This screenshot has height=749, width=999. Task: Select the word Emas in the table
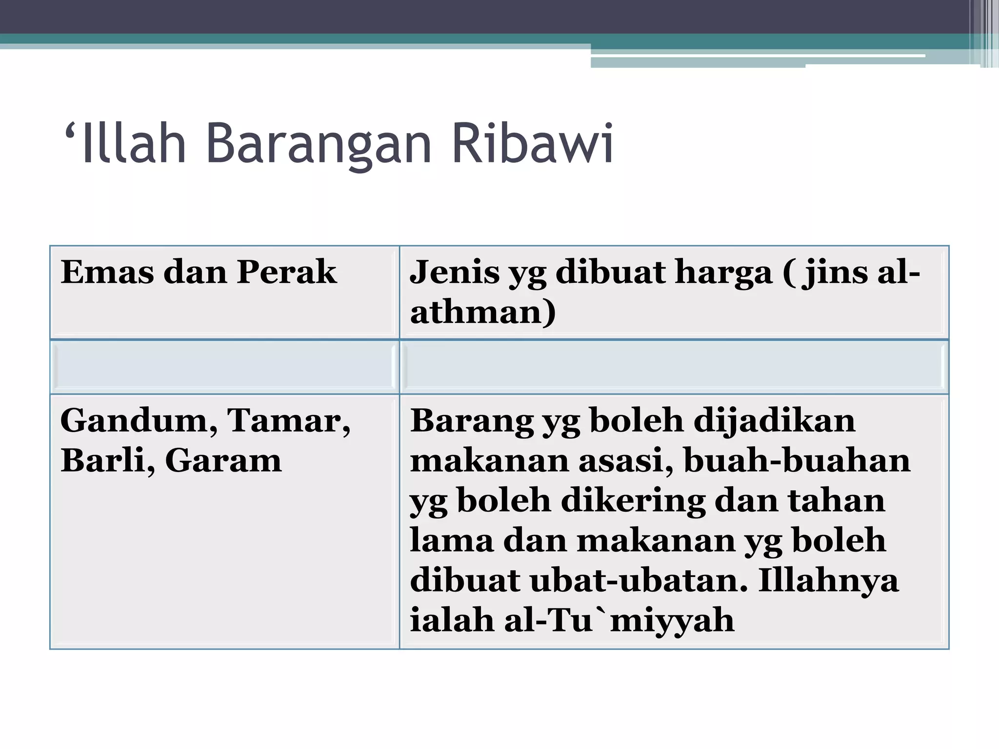[x=107, y=272]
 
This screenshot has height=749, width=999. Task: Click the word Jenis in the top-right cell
[x=455, y=272]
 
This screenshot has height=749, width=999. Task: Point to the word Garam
[x=223, y=460]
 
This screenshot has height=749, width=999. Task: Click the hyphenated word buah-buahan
[x=797, y=460]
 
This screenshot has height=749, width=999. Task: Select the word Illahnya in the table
[x=828, y=580]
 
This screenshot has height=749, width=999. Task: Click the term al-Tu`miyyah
[x=619, y=620]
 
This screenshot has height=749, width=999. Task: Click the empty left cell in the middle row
[x=224, y=367]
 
